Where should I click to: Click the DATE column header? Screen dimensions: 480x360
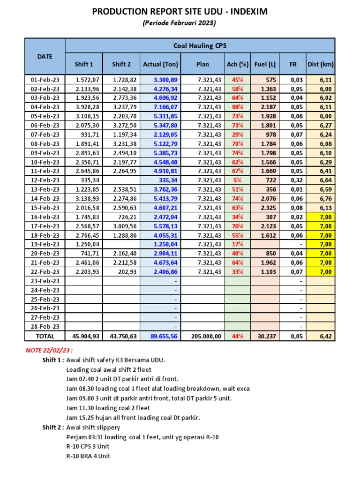click(45, 56)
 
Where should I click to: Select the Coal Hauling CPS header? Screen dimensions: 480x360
click(200, 45)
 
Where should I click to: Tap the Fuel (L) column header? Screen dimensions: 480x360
click(265, 64)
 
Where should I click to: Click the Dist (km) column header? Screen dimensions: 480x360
click(321, 64)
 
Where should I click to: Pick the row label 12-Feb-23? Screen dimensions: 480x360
click(45, 180)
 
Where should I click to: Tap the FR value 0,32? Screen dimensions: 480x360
click(292, 180)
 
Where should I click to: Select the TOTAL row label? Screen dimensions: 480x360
click(45, 336)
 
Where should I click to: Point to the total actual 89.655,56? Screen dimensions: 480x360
click(162, 336)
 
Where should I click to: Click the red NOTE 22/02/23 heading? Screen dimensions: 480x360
click(49, 351)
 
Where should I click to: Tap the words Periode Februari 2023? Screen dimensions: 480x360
click(180, 23)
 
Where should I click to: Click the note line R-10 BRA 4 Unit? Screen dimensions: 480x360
click(88, 456)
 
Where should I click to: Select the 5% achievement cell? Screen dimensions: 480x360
click(238, 180)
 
